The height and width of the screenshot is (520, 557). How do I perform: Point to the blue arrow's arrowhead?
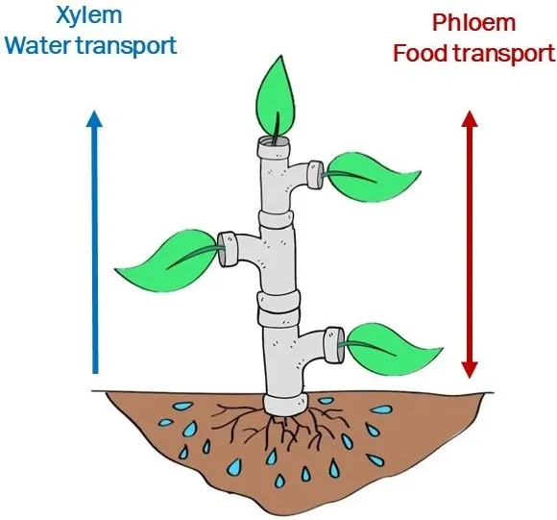(x=93, y=120)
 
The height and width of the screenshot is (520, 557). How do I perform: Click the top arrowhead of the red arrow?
(x=469, y=121)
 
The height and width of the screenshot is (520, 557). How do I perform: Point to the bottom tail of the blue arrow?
(x=93, y=369)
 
